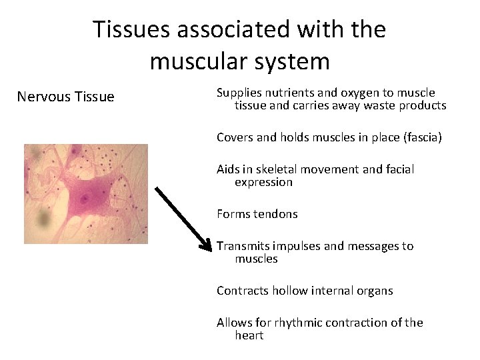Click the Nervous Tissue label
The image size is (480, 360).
65,97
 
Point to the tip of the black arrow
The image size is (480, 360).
212,247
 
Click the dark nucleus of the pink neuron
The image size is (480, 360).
85,199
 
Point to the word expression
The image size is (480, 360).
263,182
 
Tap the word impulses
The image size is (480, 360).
298,246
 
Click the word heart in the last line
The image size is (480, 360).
249,335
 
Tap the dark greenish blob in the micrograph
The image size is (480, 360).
44,217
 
